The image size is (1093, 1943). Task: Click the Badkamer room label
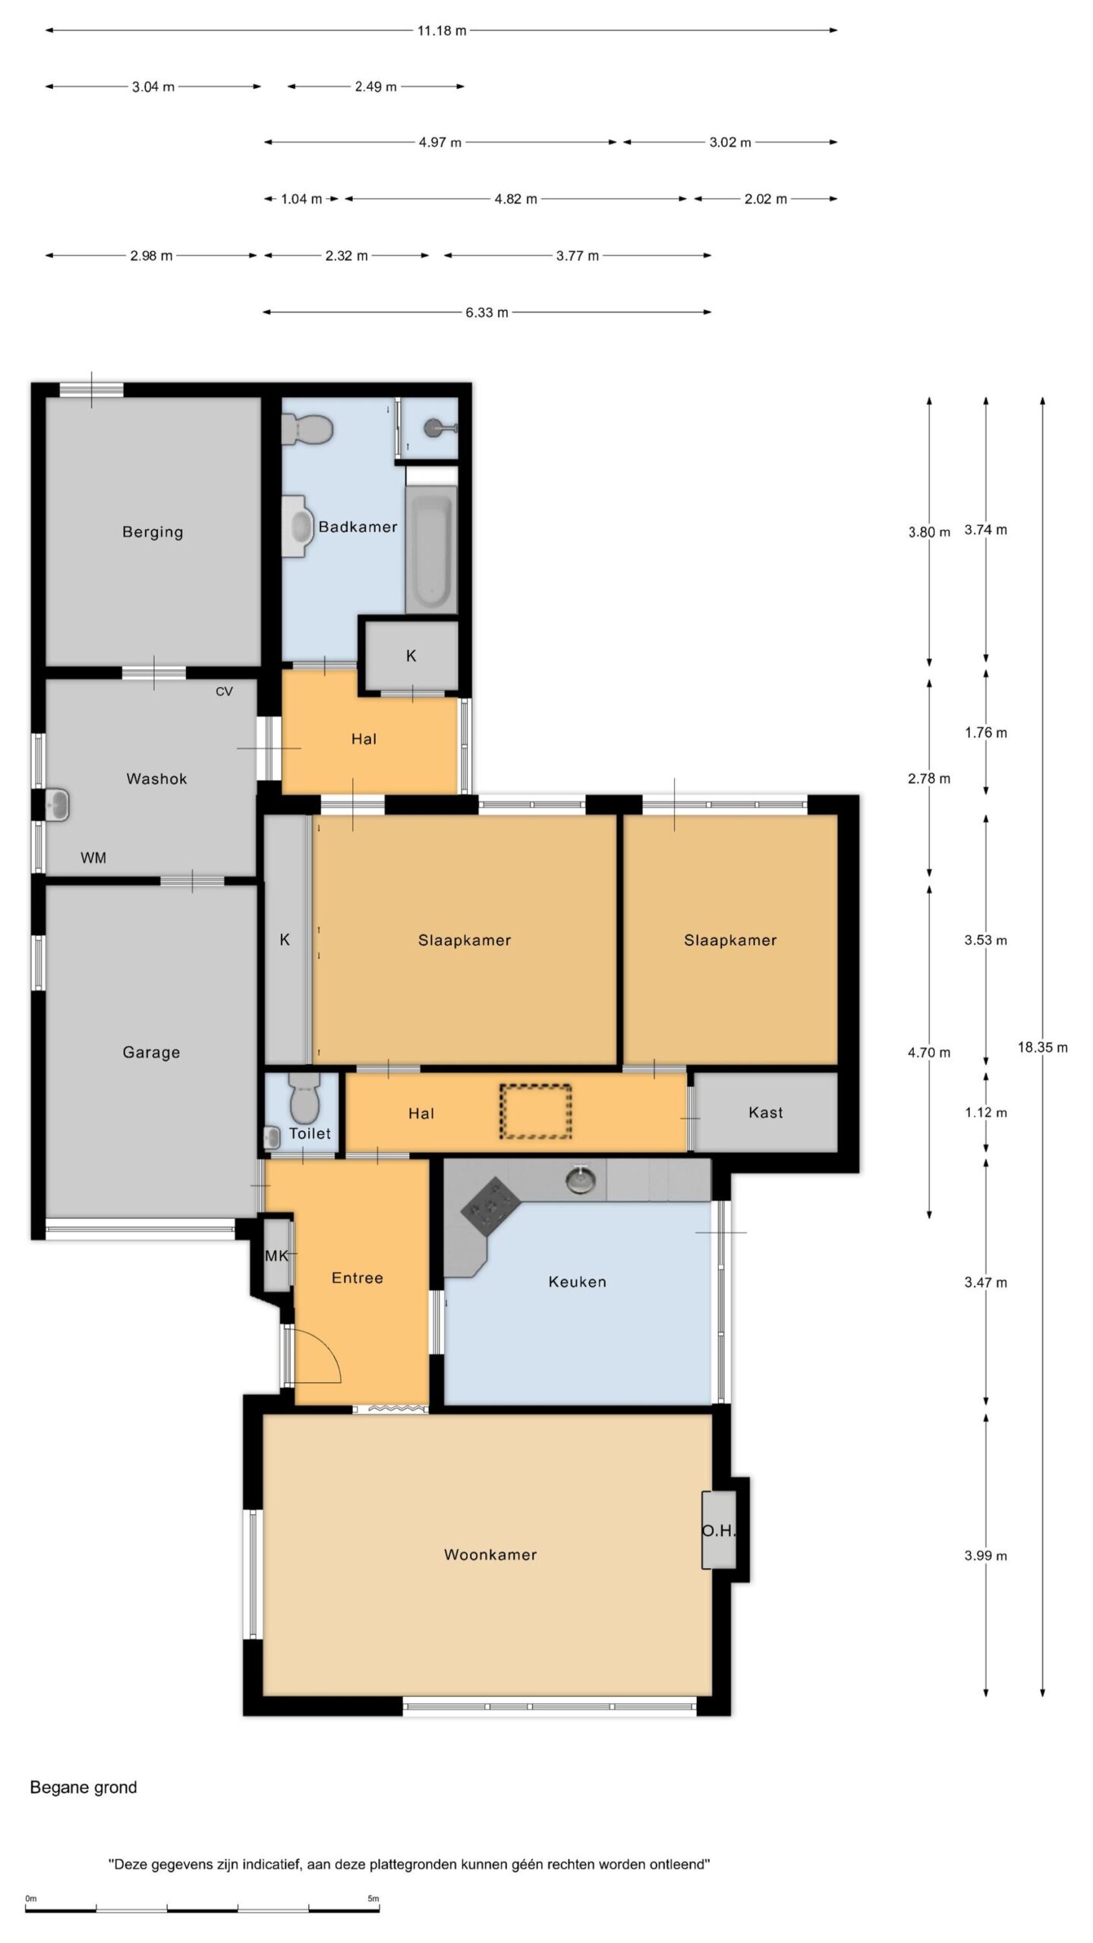coord(358,527)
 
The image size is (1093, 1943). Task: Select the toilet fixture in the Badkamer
coord(307,429)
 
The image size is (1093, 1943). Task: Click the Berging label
coord(153,532)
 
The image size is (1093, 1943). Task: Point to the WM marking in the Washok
coord(93,858)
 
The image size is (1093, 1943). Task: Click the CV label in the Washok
coord(224,691)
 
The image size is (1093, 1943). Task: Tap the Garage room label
coord(151,1053)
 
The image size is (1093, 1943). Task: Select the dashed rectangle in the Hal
coord(535,1112)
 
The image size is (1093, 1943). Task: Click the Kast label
coord(765,1113)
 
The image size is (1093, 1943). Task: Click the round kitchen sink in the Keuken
coord(581,1179)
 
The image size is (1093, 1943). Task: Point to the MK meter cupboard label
coord(276,1256)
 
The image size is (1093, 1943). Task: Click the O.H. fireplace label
coord(718,1531)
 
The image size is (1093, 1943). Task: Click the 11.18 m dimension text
coord(441,31)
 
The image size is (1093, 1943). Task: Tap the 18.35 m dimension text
coord(1042,1047)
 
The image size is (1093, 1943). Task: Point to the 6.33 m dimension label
coord(487,313)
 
